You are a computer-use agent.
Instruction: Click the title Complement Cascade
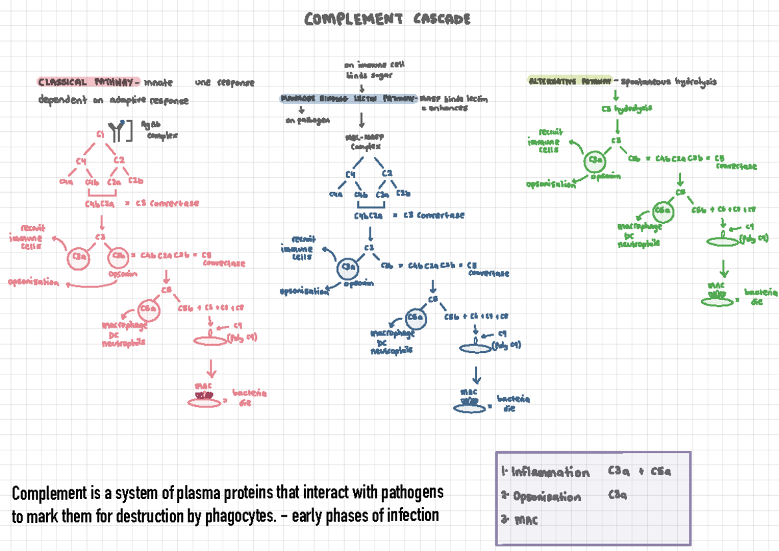pos(388,20)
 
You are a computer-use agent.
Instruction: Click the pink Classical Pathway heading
pos(88,82)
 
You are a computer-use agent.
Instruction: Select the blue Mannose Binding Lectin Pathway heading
pos(349,99)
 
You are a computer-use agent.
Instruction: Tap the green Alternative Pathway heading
pos(569,82)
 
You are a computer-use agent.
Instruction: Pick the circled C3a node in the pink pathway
pos(80,258)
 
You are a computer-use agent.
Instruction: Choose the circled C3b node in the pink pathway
pos(119,258)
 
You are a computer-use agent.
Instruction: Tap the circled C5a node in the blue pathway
pos(416,318)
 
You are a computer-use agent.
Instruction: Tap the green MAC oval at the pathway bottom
pos(717,301)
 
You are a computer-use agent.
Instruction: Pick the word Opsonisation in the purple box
pos(547,497)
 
